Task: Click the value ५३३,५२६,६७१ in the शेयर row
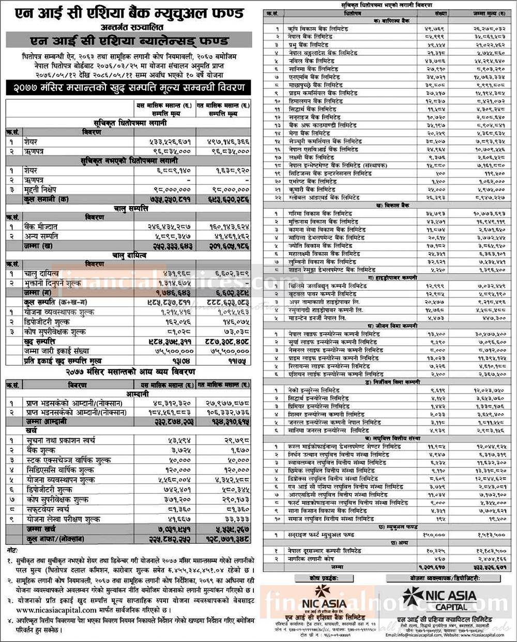pos(163,142)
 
